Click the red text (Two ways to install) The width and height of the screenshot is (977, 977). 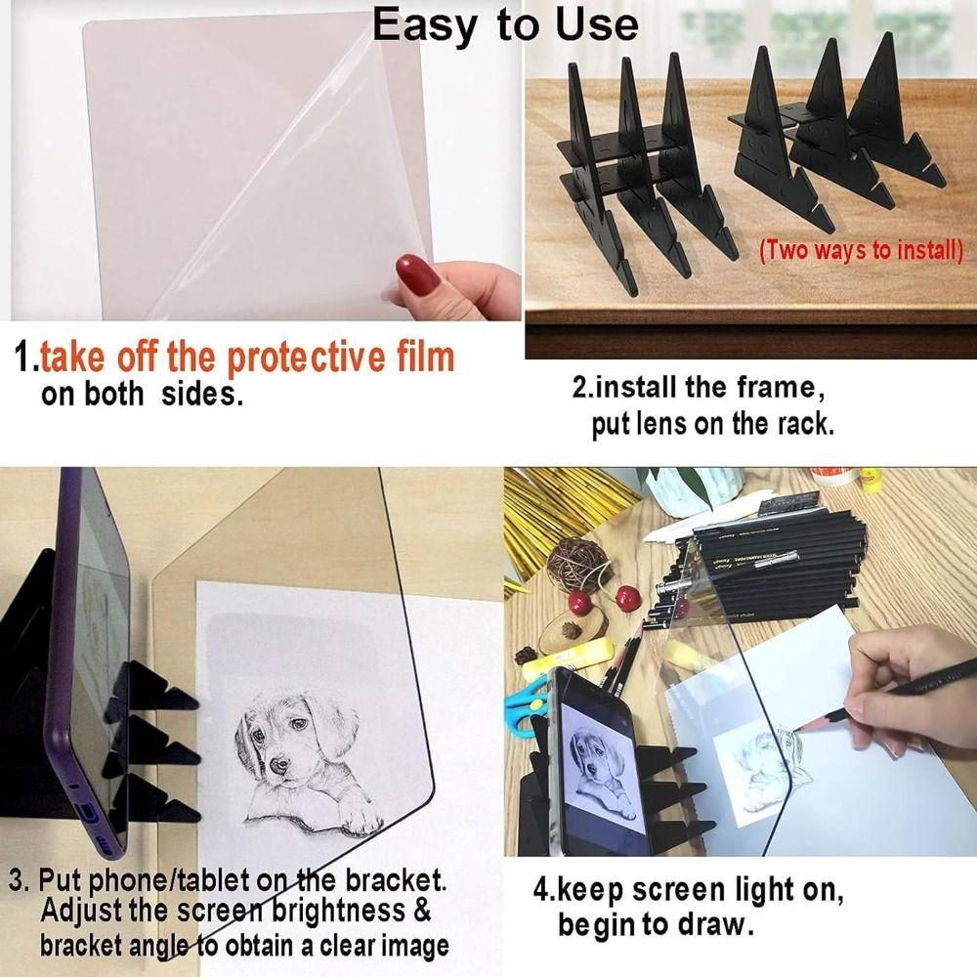861,249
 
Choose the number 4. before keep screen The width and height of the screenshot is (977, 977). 545,890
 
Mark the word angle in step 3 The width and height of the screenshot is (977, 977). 159,945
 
